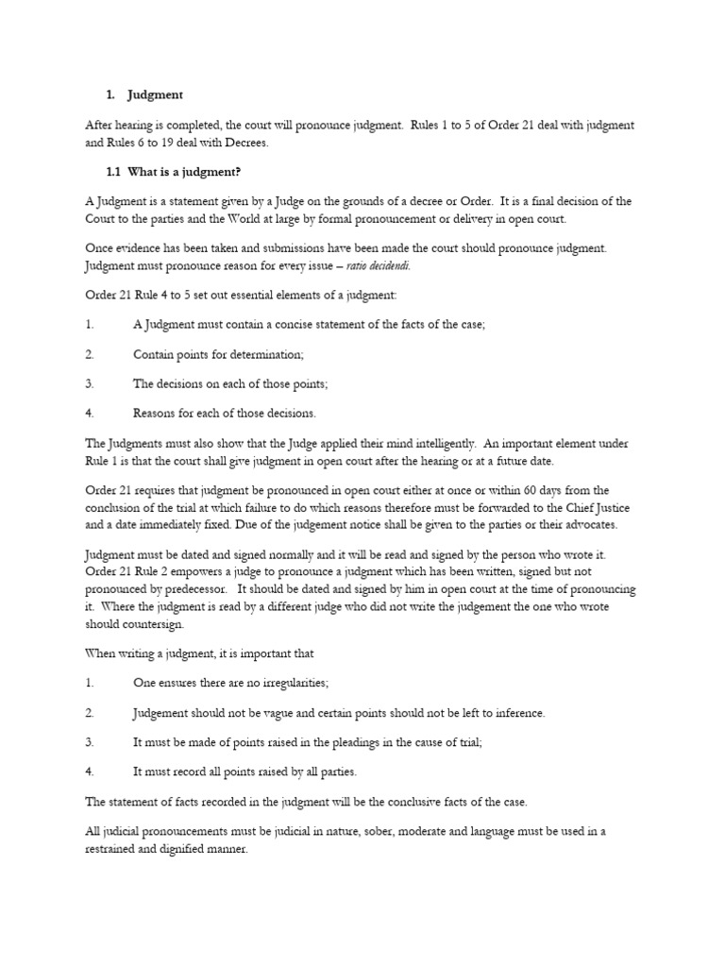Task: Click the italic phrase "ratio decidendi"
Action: pyautogui.click(x=385, y=265)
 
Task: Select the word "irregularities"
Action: pyautogui.click(x=294, y=683)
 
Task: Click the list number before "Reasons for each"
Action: pyautogui.click(x=91, y=413)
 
